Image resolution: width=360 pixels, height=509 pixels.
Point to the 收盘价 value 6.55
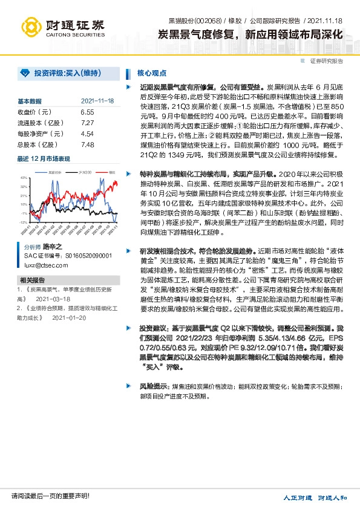(87, 112)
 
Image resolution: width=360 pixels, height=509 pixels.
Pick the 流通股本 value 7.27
(87, 123)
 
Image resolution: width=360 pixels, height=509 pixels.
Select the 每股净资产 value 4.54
(87, 134)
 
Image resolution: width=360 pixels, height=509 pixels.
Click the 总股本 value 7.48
(87, 144)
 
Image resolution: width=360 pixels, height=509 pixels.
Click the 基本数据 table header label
(30, 101)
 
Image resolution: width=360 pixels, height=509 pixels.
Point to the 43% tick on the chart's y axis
(23, 178)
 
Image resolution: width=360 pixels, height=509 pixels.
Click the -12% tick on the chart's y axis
(23, 222)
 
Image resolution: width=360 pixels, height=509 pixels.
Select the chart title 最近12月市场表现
(44, 158)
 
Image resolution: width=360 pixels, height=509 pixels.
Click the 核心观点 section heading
(152, 73)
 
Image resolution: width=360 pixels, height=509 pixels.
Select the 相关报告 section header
(31, 280)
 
